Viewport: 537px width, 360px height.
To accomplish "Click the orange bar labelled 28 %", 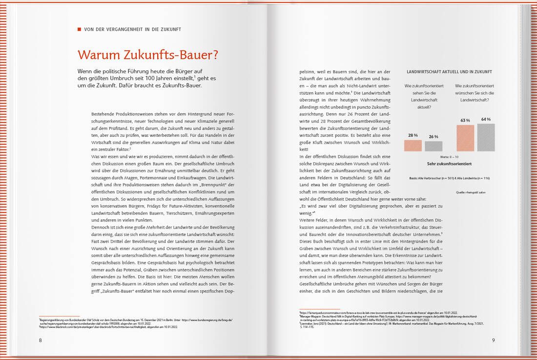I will (x=413, y=146).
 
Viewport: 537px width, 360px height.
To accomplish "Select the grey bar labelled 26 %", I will (x=434, y=146).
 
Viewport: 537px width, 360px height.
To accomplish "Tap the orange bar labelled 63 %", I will (x=465, y=138).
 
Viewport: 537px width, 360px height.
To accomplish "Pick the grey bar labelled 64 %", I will (x=486, y=137).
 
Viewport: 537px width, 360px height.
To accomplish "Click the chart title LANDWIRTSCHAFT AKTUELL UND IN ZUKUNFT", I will (x=449, y=72).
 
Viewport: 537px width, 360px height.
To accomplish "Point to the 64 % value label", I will (x=486, y=119).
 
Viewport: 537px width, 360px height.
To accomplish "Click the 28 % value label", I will (x=413, y=135).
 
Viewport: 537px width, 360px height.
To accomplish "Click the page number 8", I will (x=41, y=340).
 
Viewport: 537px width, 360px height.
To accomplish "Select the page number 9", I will (x=494, y=340).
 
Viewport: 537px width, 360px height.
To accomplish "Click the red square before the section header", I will (x=80, y=29).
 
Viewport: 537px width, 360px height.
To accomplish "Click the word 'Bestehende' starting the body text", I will (x=103, y=114).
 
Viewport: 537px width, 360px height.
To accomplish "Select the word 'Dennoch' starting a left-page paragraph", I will (x=100, y=227).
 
